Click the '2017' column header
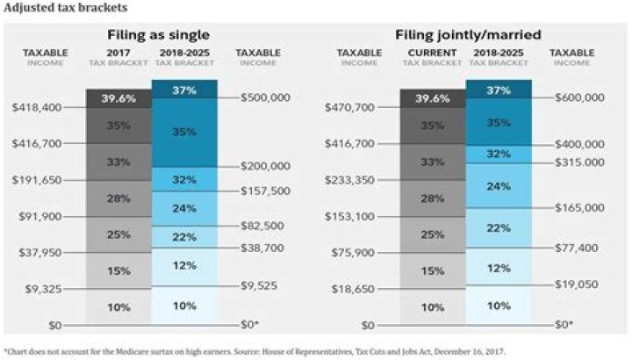[x=118, y=53]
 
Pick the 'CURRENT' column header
[x=432, y=53]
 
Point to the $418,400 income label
[x=37, y=107]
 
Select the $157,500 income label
[x=265, y=191]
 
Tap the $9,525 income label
[x=261, y=285]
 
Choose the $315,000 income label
[x=579, y=162]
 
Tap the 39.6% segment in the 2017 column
[x=118, y=98]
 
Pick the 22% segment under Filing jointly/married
[x=499, y=227]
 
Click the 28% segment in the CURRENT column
[x=432, y=198]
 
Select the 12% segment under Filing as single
[x=184, y=266]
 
